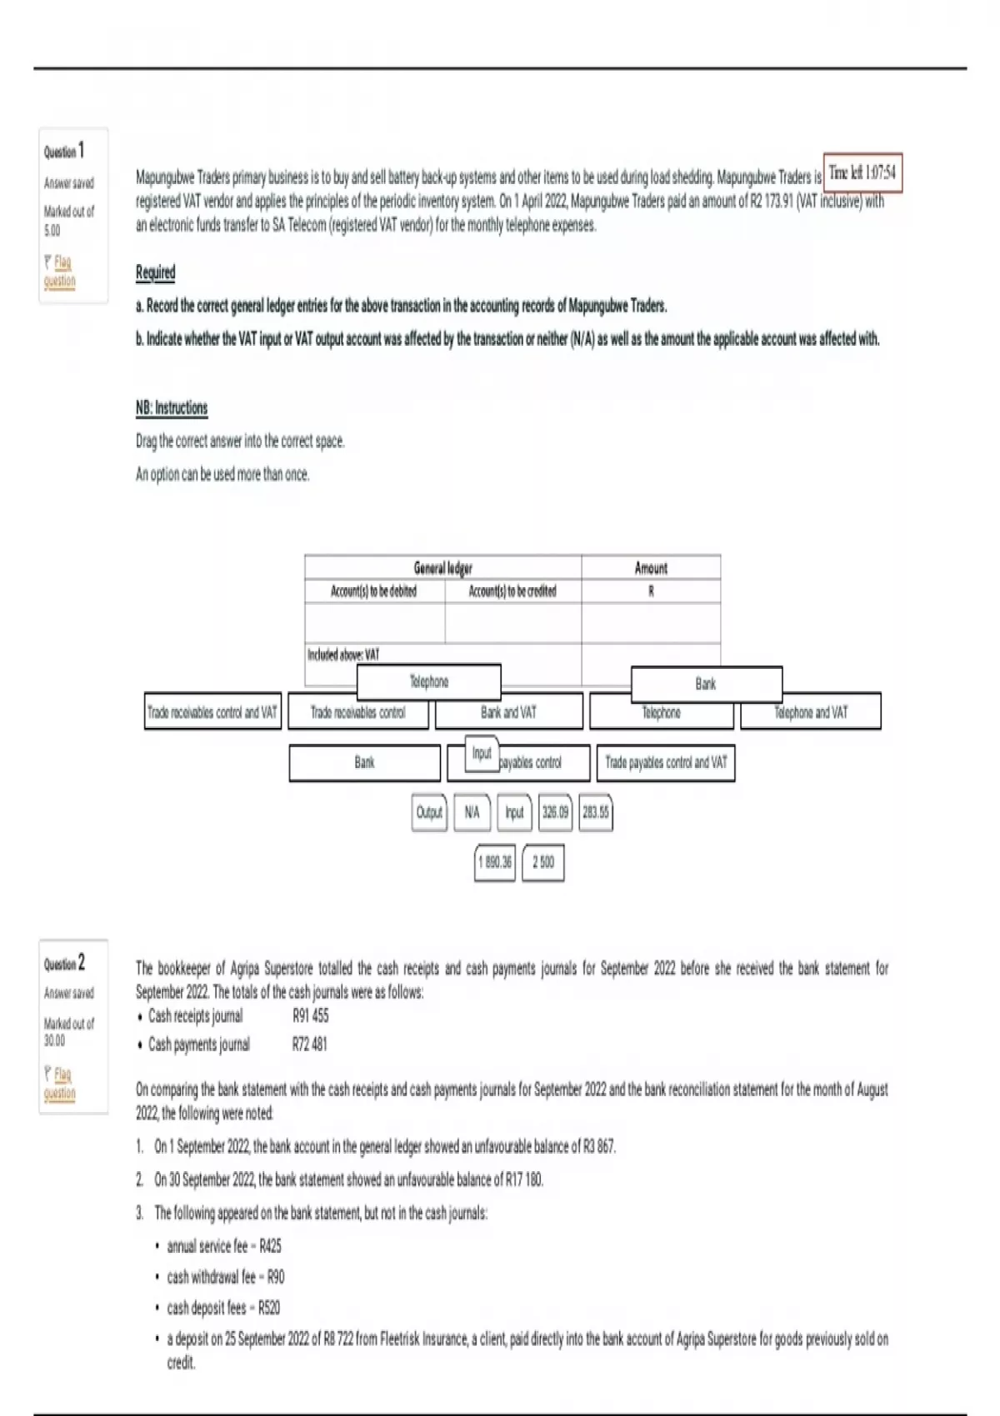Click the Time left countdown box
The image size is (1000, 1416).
click(862, 173)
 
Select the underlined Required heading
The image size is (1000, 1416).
click(155, 272)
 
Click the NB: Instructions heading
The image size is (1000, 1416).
click(172, 407)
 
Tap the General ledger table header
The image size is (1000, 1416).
click(442, 568)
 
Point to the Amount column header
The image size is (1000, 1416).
click(651, 568)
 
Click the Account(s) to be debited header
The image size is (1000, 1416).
click(373, 591)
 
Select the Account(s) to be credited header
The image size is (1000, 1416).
click(512, 591)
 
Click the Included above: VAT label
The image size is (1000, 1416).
click(342, 655)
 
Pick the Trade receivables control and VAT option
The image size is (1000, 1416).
click(212, 712)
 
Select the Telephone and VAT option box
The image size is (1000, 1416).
click(810, 712)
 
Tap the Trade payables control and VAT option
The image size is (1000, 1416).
click(666, 762)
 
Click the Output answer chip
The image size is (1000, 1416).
click(429, 812)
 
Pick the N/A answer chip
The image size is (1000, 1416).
click(472, 812)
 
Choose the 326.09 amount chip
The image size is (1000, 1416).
click(555, 812)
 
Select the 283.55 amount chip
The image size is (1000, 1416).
click(595, 812)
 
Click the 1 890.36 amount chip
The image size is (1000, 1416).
click(495, 862)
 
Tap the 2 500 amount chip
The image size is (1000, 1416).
click(542, 862)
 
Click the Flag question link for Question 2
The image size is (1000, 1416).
click(60, 1083)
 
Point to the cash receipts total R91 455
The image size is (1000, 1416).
click(310, 1015)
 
